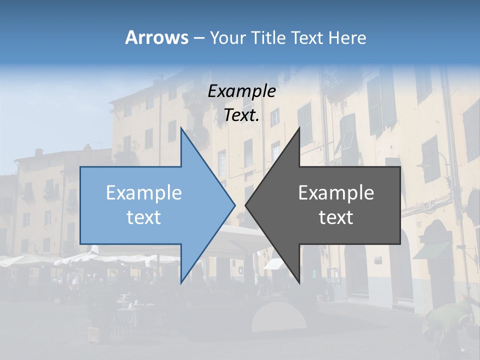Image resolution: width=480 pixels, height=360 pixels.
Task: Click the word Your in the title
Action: [228, 38]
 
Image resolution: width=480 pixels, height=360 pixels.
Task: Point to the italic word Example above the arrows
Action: [241, 91]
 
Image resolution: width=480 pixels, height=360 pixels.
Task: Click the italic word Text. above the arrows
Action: [241, 115]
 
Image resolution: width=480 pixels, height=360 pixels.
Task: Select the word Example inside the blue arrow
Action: [143, 193]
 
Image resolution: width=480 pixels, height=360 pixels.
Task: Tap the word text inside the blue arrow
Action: [143, 217]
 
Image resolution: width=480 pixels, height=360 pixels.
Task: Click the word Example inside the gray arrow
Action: [336, 193]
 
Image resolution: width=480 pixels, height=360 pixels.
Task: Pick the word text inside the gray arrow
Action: [336, 217]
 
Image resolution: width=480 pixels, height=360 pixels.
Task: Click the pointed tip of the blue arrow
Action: [235, 204]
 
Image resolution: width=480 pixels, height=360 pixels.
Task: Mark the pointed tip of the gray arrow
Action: [245, 204]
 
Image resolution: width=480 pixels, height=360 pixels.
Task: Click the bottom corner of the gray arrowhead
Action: [299, 282]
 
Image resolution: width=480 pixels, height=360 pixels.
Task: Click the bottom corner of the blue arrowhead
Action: [181, 282]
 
